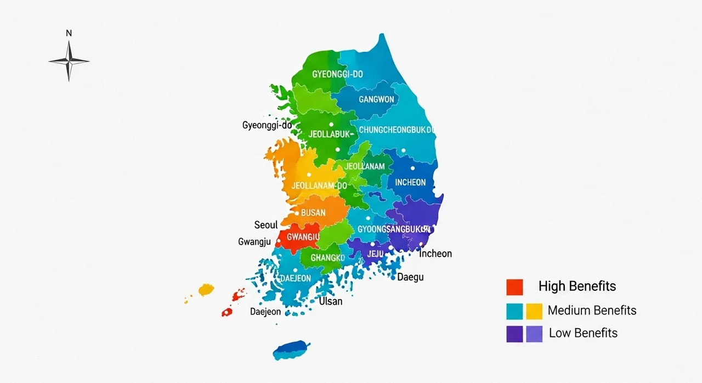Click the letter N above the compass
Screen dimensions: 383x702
pos(69,33)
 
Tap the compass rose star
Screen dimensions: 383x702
pos(69,61)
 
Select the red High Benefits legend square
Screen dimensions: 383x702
pos(514,286)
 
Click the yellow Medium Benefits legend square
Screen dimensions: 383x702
pos(534,311)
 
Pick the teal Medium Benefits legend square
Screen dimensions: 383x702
pos(514,311)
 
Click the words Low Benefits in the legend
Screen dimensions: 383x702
pos(583,333)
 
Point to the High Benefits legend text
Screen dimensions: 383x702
pos(577,286)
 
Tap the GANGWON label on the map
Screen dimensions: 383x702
pos(376,99)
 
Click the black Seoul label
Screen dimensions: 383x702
pos(266,225)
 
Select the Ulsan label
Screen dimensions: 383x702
pos(330,301)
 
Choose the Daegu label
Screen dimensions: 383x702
pos(410,277)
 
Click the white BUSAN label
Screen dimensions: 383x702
pos(313,213)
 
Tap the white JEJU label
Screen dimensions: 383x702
pos(375,254)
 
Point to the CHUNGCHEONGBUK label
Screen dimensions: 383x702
pos(396,130)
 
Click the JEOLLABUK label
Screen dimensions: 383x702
pos(329,134)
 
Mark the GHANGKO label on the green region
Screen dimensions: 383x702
pos(327,258)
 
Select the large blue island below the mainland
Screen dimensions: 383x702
pos(291,350)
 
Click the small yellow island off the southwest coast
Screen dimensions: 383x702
pos(206,289)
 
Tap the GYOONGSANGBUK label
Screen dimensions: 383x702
pos(393,229)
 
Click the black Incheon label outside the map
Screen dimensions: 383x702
pos(435,254)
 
